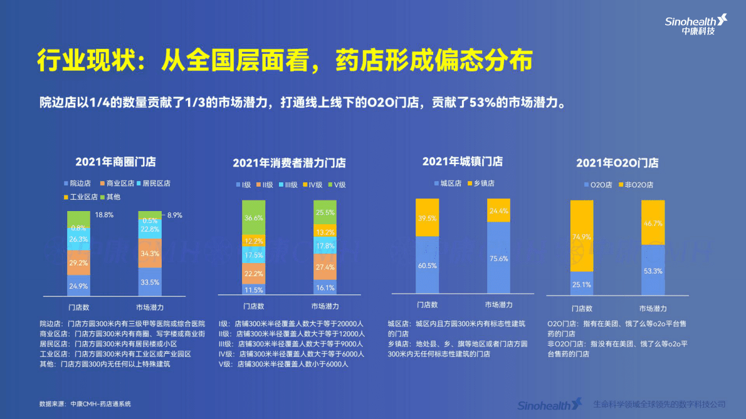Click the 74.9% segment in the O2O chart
(x=581, y=236)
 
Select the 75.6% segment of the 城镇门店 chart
(x=498, y=257)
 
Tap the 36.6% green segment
(x=254, y=218)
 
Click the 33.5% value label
(x=150, y=282)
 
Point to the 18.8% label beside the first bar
(x=103, y=215)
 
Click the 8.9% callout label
(x=174, y=215)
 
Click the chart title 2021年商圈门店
(x=116, y=162)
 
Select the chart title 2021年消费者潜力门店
(x=289, y=163)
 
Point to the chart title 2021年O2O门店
(x=617, y=163)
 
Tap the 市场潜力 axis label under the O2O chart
(x=653, y=308)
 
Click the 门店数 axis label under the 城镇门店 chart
(x=427, y=305)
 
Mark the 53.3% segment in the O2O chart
(x=653, y=269)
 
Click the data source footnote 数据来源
(x=85, y=403)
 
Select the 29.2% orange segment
(x=79, y=263)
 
